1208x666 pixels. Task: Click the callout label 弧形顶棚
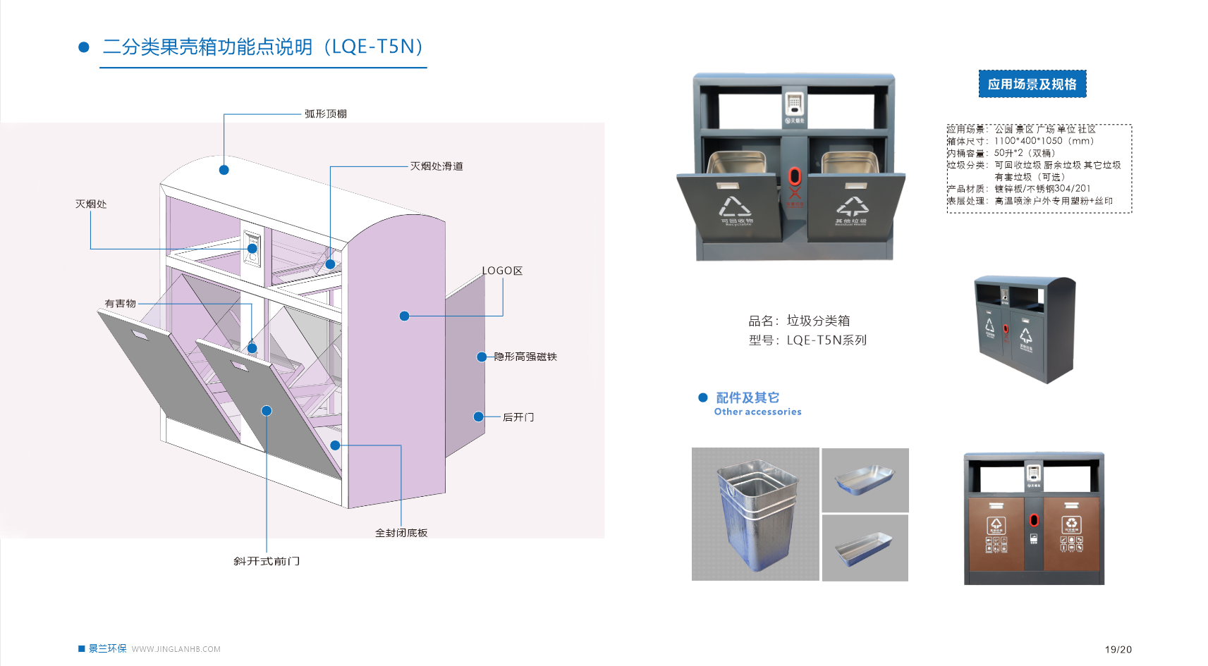click(325, 113)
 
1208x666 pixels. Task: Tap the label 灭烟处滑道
click(437, 166)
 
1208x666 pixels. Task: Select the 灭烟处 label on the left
click(91, 204)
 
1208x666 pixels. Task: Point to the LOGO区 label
click(501, 271)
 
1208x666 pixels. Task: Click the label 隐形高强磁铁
click(525, 357)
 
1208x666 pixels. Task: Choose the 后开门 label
click(518, 417)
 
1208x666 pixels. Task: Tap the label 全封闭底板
click(401, 533)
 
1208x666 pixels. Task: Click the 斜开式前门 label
click(267, 561)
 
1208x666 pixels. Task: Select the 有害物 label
click(120, 304)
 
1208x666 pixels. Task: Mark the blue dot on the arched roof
click(224, 170)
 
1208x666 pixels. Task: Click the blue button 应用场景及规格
click(1032, 84)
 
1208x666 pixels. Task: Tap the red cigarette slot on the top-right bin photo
click(794, 176)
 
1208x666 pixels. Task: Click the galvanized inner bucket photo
click(755, 514)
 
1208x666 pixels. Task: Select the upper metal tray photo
click(865, 480)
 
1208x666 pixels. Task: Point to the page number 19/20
click(1118, 649)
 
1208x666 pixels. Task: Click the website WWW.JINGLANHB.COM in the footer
click(176, 649)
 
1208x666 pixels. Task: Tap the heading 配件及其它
click(747, 397)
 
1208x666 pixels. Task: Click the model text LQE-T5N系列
click(826, 340)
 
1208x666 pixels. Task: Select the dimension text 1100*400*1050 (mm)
click(1044, 141)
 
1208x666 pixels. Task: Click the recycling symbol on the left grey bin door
click(734, 206)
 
